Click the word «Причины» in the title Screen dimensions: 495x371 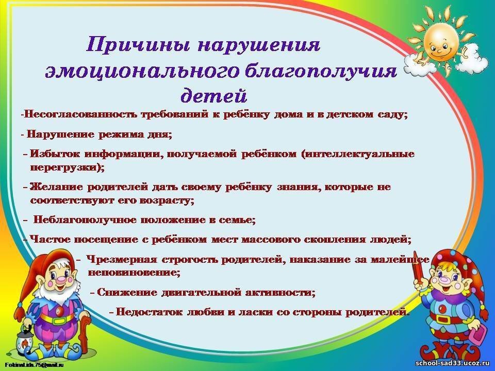click(x=138, y=44)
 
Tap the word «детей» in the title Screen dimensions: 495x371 click(x=213, y=95)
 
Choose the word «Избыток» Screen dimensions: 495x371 click(x=55, y=154)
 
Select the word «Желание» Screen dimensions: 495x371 click(x=56, y=187)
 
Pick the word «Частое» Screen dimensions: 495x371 click(x=51, y=240)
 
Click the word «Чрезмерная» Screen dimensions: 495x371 click(x=122, y=259)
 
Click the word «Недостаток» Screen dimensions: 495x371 click(x=150, y=312)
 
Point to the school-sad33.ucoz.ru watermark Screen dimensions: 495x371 click(x=452, y=363)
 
